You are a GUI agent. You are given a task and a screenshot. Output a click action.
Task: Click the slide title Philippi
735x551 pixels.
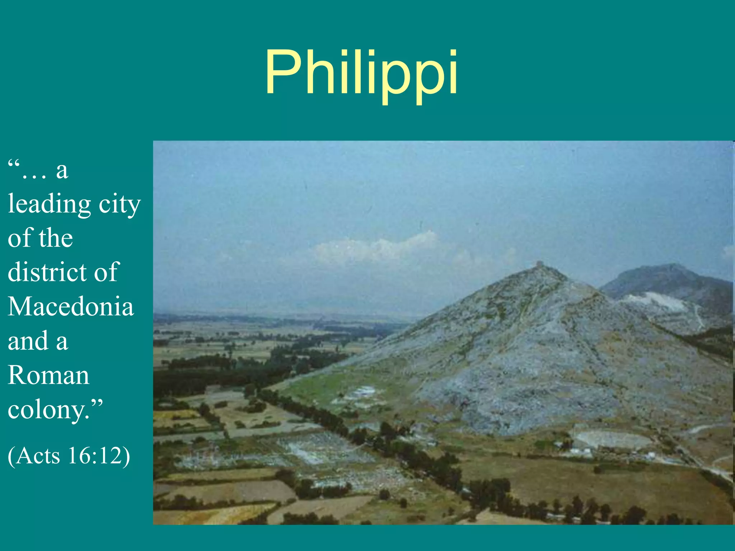point(361,74)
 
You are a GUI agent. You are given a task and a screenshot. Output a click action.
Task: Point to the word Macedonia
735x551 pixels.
point(71,307)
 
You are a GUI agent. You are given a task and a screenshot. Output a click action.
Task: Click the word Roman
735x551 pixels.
point(48,376)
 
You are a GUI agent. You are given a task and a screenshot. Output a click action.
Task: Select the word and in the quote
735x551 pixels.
point(28,341)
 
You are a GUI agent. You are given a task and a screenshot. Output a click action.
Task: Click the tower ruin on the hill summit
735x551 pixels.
point(539,265)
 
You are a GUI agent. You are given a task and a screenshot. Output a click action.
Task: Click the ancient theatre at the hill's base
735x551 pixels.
point(610,439)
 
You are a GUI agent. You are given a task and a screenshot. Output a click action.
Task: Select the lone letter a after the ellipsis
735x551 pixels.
point(62,171)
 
